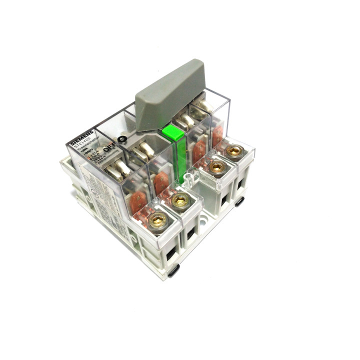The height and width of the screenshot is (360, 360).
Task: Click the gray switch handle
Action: [170, 95]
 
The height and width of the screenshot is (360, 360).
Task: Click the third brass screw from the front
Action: [216, 167]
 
